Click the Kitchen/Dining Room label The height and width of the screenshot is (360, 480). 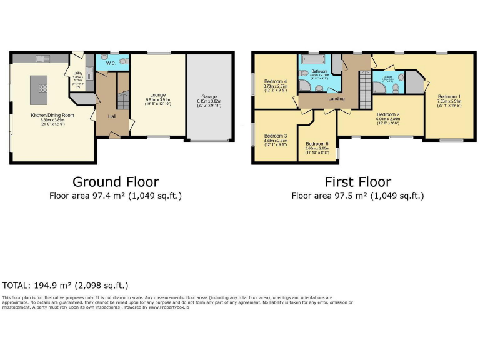click(53, 116)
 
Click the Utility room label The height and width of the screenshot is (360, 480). click(77, 73)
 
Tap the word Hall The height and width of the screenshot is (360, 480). click(112, 116)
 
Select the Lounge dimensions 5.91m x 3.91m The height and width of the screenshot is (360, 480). click(157, 100)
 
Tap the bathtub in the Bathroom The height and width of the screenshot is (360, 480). click(315, 61)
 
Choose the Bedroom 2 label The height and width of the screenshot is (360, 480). click(388, 114)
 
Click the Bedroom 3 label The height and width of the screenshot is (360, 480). click(275, 136)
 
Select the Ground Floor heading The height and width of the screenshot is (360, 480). click(116, 182)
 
